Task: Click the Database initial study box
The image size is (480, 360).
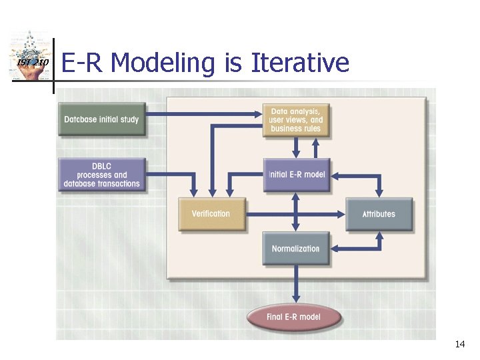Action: [x=101, y=120]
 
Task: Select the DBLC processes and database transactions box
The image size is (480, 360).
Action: [x=102, y=175]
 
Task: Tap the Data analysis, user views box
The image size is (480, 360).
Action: [x=296, y=120]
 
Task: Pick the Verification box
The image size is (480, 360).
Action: [x=211, y=214]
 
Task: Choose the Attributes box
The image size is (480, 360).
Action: [x=379, y=214]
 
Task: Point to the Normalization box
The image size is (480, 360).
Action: [x=296, y=249]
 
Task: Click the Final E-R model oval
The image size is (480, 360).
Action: [x=294, y=317]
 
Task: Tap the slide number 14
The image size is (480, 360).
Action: [x=459, y=344]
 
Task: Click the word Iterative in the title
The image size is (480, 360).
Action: [x=300, y=63]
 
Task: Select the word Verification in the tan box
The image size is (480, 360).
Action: [x=211, y=214]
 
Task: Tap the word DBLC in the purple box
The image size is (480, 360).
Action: [x=102, y=166]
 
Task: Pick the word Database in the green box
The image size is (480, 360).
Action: [x=82, y=120]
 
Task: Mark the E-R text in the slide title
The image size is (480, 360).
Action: [x=83, y=63]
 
